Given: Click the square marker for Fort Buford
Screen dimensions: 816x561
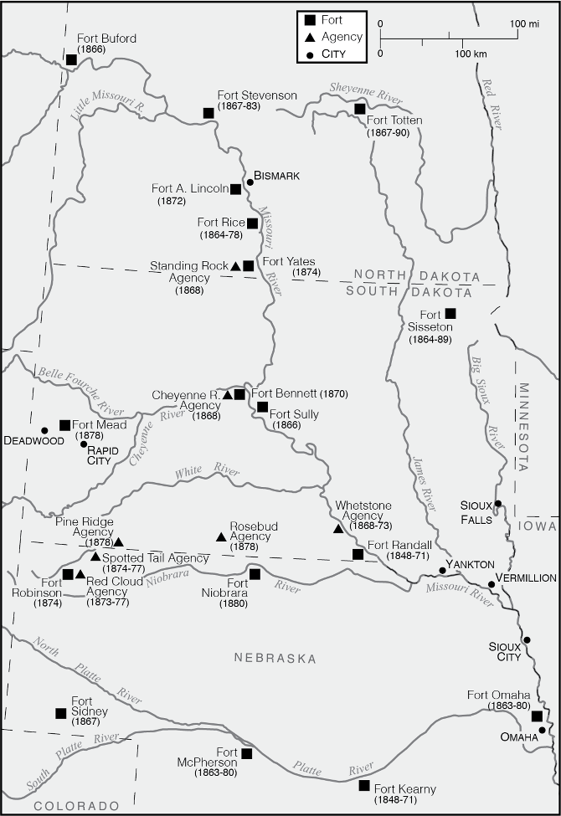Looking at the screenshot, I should tap(71, 59).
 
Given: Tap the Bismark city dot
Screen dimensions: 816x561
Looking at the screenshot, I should tap(250, 182).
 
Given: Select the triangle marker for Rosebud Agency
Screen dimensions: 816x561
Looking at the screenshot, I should tap(221, 536).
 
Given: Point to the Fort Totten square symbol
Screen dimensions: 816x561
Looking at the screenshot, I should tap(359, 109).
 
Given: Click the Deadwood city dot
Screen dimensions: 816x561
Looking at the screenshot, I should tap(44, 430).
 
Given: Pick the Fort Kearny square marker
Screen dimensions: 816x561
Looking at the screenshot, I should tap(364, 785).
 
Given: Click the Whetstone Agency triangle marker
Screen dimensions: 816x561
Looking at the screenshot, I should tap(337, 528).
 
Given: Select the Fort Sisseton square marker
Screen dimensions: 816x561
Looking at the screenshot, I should tap(450, 313).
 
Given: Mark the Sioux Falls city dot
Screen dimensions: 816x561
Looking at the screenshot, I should tap(497, 504).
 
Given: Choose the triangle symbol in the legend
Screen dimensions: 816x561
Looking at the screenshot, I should tap(309, 38).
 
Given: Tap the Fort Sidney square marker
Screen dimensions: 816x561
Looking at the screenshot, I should tap(60, 713).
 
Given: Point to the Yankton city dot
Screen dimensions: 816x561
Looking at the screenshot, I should tap(442, 571).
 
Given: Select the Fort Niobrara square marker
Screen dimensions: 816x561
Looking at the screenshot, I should tap(255, 574).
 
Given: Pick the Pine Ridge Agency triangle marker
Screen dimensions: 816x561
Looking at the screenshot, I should tap(118, 542).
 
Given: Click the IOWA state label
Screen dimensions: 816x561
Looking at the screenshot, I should tap(537, 526).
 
